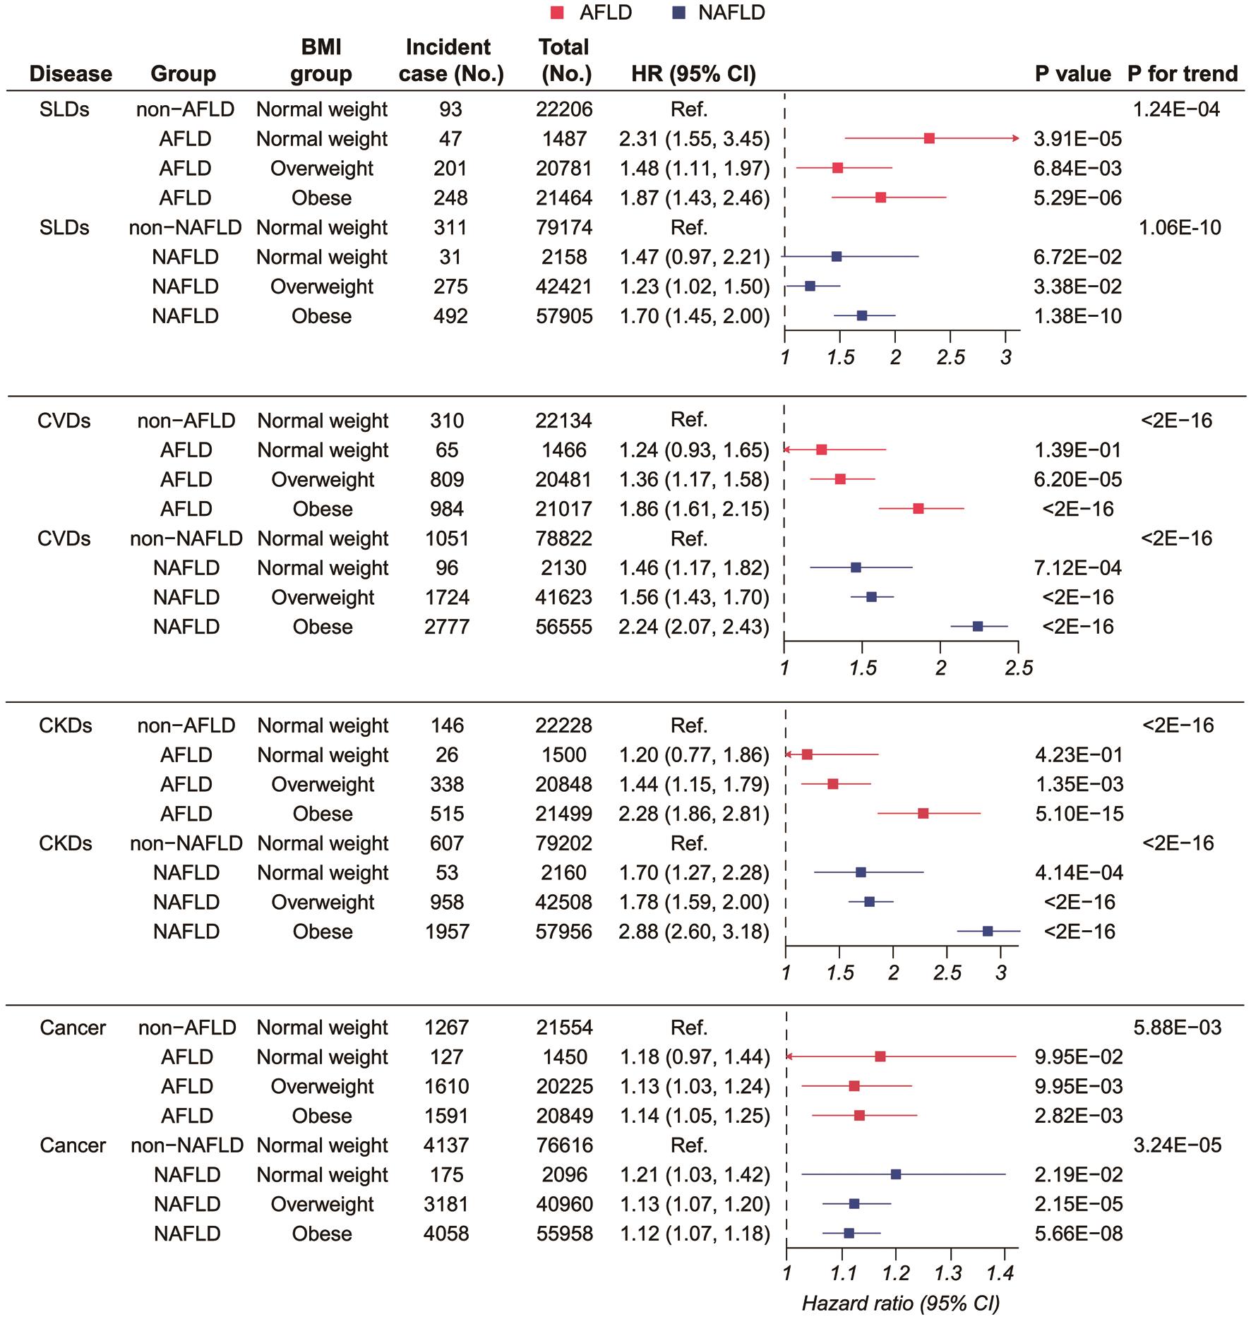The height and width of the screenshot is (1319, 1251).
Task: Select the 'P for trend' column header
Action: (x=1183, y=73)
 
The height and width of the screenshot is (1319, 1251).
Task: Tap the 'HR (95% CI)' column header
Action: (x=693, y=73)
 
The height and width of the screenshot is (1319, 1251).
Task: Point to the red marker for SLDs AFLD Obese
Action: (x=880, y=198)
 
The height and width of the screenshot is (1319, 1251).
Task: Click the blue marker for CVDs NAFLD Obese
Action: (x=978, y=627)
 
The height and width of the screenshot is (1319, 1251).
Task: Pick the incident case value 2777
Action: (x=447, y=627)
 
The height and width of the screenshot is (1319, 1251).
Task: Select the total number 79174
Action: (x=564, y=227)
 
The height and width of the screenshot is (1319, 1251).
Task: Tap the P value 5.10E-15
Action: (x=1079, y=814)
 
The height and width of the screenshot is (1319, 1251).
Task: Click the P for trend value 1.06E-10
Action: (x=1180, y=227)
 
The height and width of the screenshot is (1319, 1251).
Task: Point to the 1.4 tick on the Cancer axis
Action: (x=1000, y=1274)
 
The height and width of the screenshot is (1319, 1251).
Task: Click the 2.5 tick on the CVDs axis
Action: (x=1019, y=668)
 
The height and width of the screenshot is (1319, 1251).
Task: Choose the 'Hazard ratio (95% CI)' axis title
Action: (x=901, y=1303)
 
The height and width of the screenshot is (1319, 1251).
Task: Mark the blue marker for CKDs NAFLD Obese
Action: (x=988, y=932)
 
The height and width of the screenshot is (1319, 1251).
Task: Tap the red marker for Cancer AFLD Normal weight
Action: (x=880, y=1056)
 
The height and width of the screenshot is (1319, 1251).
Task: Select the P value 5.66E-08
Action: (x=1078, y=1234)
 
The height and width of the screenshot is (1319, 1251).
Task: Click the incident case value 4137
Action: (x=447, y=1145)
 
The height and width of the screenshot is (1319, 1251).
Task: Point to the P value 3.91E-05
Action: (x=1077, y=139)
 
